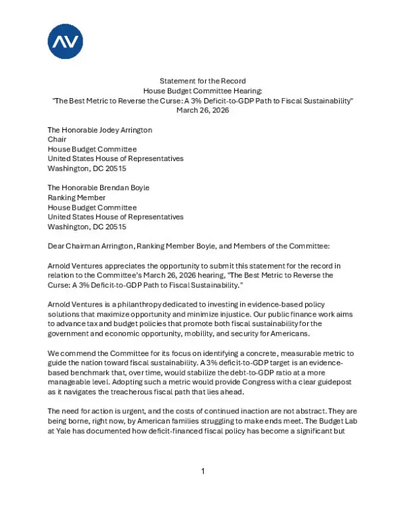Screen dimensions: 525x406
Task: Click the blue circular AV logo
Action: tap(65, 41)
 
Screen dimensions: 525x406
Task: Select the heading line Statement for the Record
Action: tap(202, 81)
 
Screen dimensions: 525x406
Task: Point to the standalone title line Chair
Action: tap(58, 139)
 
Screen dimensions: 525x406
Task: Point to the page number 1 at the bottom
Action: tap(202, 490)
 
